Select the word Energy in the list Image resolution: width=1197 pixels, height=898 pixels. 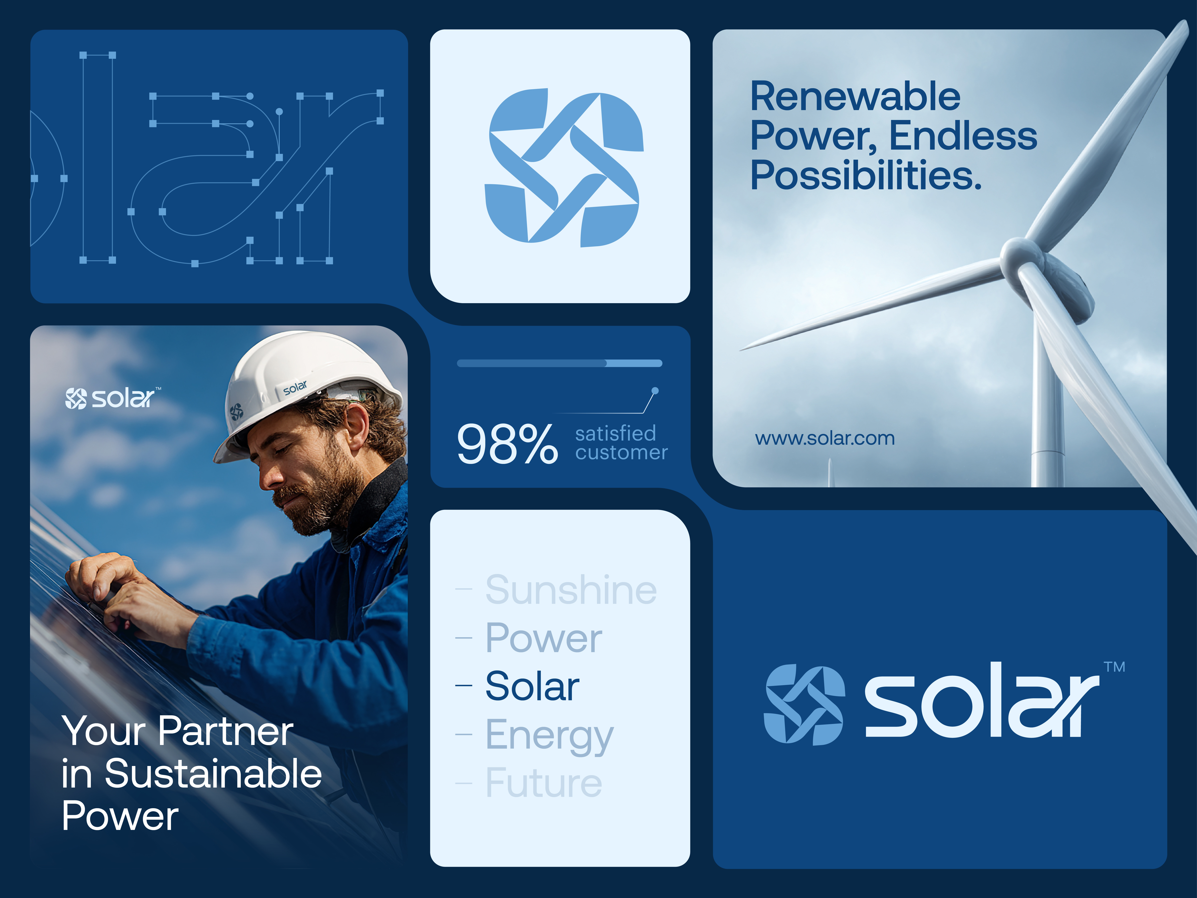click(549, 735)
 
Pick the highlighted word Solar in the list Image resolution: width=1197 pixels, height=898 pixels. click(532, 686)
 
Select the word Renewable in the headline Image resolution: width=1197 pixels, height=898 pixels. click(855, 96)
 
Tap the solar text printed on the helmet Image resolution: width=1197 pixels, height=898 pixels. click(295, 388)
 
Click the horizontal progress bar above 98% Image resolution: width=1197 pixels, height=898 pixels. click(559, 363)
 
